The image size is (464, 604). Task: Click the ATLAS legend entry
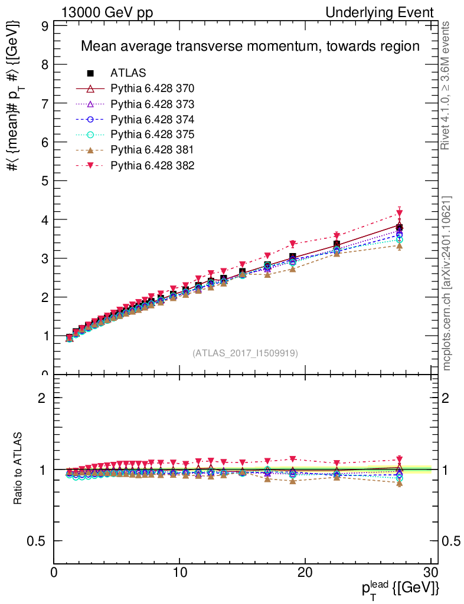(128, 73)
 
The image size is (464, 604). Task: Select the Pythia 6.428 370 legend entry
(152, 88)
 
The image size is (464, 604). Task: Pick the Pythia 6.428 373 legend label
(152, 104)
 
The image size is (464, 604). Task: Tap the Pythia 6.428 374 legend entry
(152, 119)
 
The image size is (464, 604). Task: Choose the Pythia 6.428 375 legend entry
(152, 134)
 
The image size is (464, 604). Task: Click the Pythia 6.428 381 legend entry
(152, 150)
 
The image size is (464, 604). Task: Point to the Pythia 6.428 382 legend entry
(152, 165)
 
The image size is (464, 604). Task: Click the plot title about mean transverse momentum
(250, 46)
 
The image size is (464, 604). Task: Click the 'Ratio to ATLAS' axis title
(19, 469)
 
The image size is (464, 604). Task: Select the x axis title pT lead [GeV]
(399, 587)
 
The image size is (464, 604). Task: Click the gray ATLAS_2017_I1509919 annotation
(245, 353)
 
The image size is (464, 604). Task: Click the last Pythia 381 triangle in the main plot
(400, 245)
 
